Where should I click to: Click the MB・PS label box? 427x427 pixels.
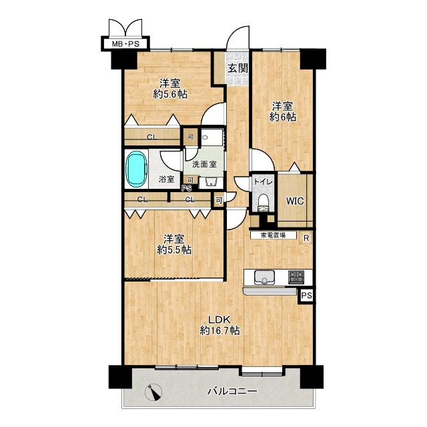[125, 43]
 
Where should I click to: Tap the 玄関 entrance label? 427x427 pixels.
[238, 68]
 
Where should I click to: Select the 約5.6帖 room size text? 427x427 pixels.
[170, 95]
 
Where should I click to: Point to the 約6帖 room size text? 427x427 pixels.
[283, 117]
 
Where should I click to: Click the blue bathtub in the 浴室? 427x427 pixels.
[136, 169]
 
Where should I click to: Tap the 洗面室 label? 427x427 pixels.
[205, 165]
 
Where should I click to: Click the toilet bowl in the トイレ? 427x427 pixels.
[264, 201]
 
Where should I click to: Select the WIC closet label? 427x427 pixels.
[295, 201]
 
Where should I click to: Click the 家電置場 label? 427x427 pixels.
[273, 236]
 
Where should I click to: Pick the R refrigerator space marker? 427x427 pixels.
[306, 238]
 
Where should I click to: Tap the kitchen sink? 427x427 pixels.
[264, 278]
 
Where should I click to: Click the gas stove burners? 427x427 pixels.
[296, 277]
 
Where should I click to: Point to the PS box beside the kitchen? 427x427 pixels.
[307, 296]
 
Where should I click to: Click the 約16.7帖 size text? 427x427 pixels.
[220, 331]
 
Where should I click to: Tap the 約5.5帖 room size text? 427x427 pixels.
[174, 250]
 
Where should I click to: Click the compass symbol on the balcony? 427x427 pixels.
[153, 392]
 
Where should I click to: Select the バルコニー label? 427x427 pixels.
[232, 392]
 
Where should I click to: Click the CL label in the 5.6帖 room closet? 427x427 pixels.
[152, 137]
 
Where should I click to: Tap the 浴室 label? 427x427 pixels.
[167, 179]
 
